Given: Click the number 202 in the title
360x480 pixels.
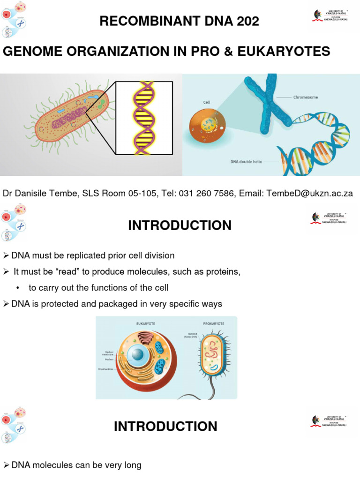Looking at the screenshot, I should (245, 21).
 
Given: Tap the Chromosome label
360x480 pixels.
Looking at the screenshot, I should (306, 97).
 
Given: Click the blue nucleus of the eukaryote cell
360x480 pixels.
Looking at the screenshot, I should (138, 353).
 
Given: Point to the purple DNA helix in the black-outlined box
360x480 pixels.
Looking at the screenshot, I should (144, 118).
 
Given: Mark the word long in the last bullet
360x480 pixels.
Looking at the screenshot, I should (132, 465).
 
